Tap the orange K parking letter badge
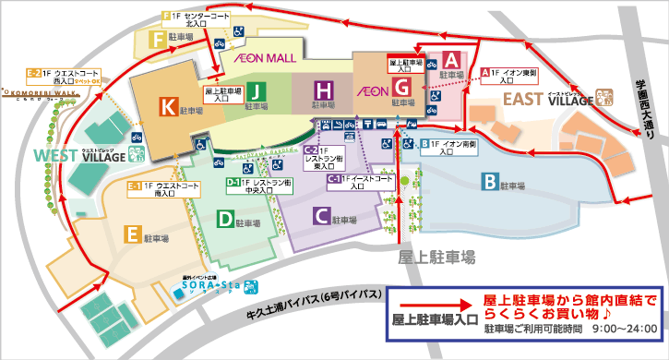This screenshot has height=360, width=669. click(x=167, y=108)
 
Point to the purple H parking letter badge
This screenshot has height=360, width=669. click(x=323, y=90)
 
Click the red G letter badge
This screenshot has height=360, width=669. click(x=402, y=88)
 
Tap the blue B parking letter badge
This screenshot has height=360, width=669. click(x=488, y=181)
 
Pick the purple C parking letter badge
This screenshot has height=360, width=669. click(x=321, y=217)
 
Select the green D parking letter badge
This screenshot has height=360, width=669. click(x=224, y=219)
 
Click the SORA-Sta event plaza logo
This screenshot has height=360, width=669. click(x=213, y=287)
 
